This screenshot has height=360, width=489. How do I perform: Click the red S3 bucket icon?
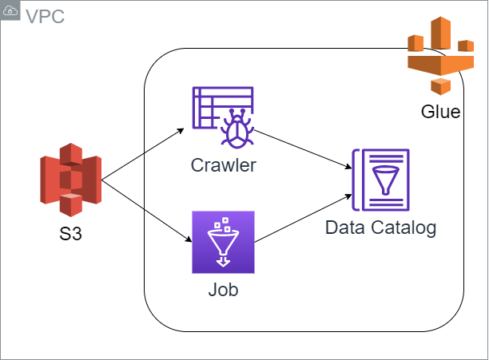[x=70, y=180]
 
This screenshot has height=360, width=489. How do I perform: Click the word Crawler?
[x=224, y=165]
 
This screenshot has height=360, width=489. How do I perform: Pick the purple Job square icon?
[x=223, y=243]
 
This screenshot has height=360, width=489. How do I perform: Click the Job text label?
[x=223, y=289]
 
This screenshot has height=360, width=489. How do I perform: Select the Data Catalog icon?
[x=380, y=180]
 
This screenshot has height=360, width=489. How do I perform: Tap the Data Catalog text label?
[x=380, y=227]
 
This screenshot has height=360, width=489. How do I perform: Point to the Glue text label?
[x=440, y=112]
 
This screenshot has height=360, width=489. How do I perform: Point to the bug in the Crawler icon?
[x=237, y=128]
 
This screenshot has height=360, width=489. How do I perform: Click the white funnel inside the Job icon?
[x=223, y=242]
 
